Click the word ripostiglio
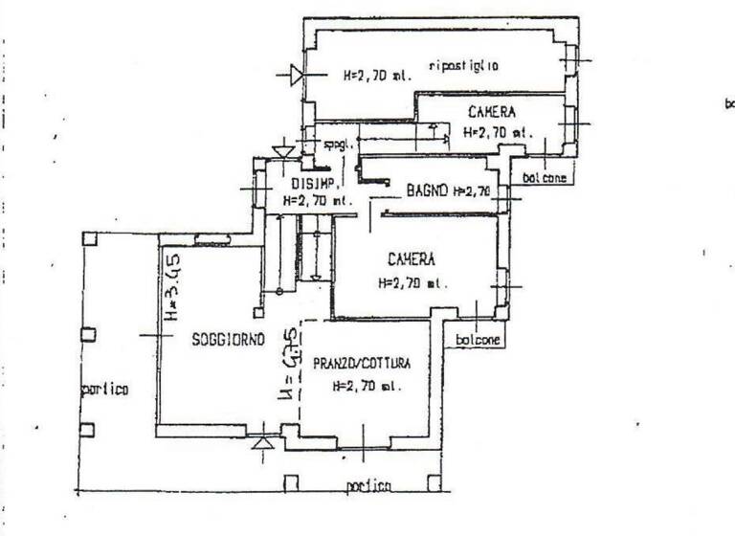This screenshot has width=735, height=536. [465, 65]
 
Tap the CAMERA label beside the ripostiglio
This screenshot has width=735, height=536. [492, 112]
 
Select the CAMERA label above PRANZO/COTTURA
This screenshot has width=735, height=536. [412, 259]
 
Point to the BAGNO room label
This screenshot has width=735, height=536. [427, 191]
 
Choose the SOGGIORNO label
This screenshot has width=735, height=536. [228, 340]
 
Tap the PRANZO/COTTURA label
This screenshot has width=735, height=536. [362, 364]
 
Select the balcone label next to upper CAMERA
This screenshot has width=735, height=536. [544, 178]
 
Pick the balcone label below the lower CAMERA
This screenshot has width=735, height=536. [476, 340]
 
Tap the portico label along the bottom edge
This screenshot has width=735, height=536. [368, 487]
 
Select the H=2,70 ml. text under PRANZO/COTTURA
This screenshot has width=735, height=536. [367, 387]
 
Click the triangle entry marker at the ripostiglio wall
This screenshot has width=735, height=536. [297, 73]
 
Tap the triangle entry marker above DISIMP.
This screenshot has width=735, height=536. [281, 151]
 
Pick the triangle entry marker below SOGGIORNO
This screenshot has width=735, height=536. [263, 442]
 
